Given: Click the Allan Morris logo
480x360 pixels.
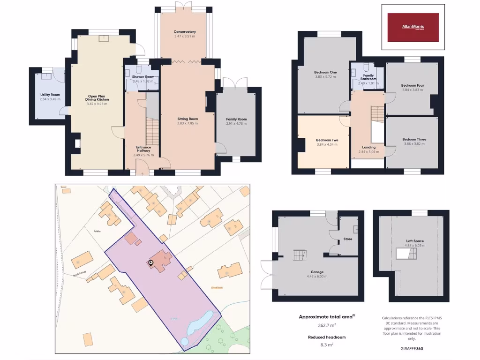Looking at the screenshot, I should point(413,27).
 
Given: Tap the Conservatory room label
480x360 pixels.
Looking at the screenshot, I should point(185,32).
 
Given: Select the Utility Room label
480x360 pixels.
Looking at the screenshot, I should point(50,95).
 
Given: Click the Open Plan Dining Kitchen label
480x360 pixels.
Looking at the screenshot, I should point(97,97).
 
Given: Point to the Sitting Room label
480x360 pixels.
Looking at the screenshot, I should point(187,119).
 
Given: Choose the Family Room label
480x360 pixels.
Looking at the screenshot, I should point(236,120).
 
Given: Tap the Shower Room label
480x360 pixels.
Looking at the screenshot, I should point(143,77).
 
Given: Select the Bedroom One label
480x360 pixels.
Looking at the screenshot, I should point(325,72).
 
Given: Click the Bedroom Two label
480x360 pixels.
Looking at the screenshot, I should point(327,140).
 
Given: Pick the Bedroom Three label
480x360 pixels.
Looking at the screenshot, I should point(414,140).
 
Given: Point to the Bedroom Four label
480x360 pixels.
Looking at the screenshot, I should point(412,85).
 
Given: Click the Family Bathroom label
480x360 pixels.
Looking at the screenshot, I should point(368,77).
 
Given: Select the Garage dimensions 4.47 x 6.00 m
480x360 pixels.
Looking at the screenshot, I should point(317,277).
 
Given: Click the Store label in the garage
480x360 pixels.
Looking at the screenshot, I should point(348,239).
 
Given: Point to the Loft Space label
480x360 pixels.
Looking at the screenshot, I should point(415,241).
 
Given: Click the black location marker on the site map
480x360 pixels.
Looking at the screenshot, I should point(151,263).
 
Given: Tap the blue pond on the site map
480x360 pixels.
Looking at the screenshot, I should point(200,323).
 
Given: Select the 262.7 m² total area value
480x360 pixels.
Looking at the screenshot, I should point(327,325).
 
